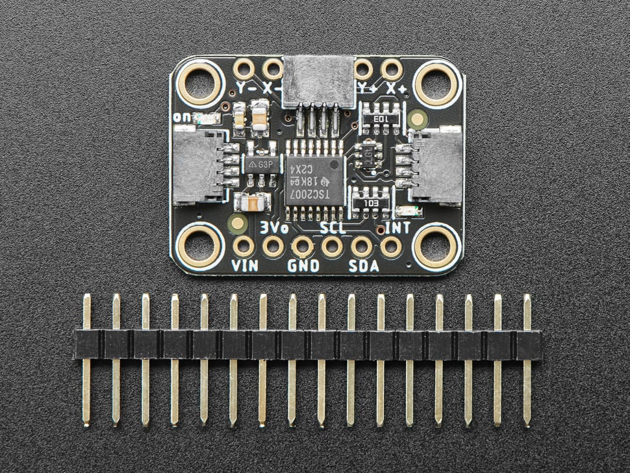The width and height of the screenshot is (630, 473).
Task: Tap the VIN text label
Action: (244, 265)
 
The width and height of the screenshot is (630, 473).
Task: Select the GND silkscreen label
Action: (303, 265)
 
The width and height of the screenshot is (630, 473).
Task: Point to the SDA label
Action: (364, 265)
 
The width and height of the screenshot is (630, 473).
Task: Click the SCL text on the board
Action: (333, 227)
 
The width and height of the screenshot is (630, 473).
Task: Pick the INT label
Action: (397, 227)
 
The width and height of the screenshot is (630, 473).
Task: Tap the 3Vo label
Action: (273, 227)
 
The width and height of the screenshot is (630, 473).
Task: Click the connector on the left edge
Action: (195, 164)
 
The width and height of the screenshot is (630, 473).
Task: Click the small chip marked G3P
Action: (262, 164)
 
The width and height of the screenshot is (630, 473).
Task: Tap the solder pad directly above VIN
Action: (244, 246)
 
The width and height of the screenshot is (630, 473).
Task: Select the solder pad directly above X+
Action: (392, 68)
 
